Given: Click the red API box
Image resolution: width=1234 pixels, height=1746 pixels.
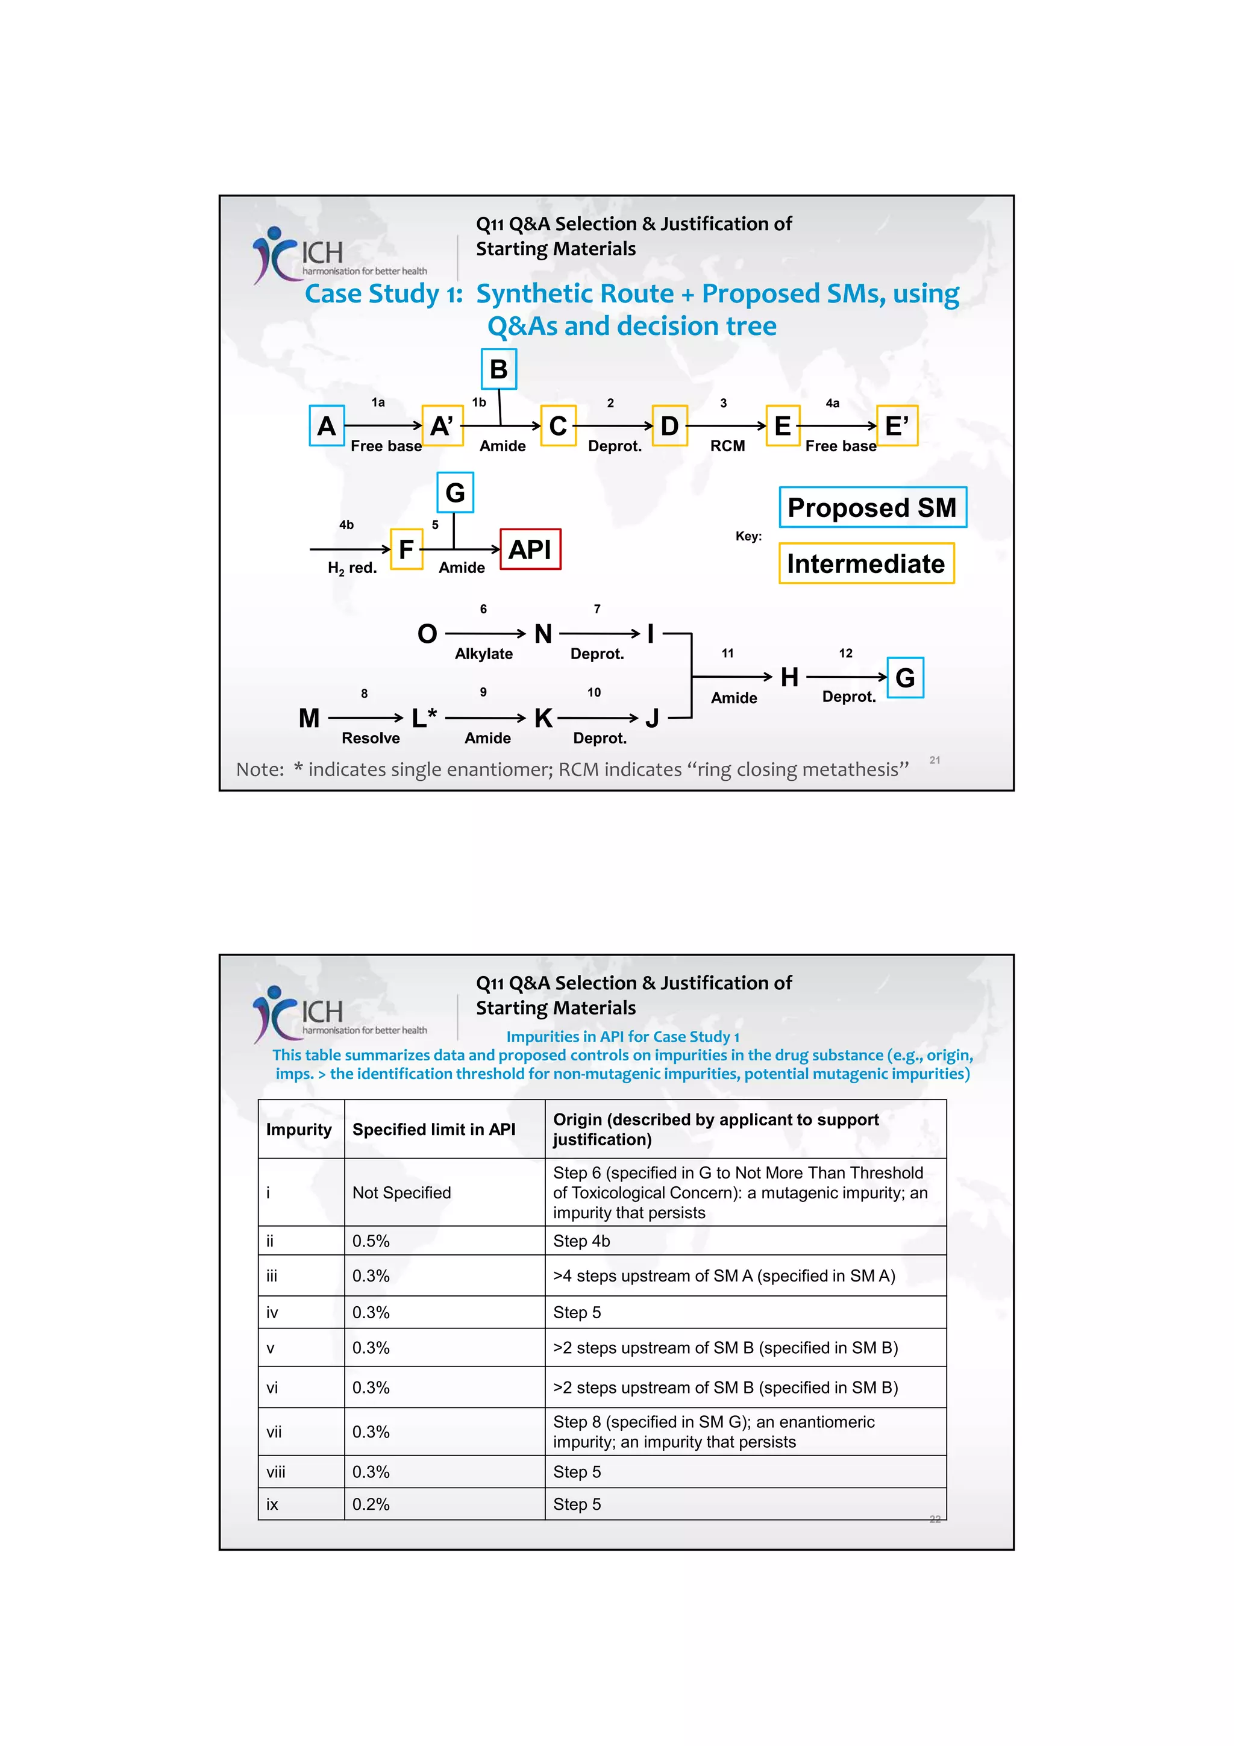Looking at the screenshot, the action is coord(530,549).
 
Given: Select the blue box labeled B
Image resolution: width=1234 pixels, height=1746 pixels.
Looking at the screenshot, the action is coord(499,369).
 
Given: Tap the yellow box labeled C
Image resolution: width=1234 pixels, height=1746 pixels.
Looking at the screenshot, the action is coord(557,426).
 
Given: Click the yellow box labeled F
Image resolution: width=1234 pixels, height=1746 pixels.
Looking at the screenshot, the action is coord(406,549).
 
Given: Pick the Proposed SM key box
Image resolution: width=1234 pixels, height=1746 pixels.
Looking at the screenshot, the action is coord(872,507).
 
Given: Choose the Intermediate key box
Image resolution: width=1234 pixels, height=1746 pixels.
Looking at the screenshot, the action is coord(866,563).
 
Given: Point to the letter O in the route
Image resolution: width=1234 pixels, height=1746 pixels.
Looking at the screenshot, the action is coord(427,633).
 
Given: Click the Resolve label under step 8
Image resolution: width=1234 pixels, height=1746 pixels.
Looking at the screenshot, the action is coord(371,739).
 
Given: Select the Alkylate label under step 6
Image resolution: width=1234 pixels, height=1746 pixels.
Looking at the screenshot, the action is coord(484,654).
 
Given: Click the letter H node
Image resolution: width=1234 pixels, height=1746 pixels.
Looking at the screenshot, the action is coord(789,677).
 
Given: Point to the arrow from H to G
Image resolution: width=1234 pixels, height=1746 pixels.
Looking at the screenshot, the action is coord(846,677).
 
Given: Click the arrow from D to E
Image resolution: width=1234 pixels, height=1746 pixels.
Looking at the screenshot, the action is coord(726,426).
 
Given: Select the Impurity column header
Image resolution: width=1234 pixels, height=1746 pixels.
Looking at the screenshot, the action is coord(299,1129).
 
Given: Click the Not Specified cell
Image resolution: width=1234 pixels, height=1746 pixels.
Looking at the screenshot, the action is coord(401,1192).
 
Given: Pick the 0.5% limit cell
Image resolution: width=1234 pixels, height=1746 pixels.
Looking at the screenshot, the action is coord(371,1241).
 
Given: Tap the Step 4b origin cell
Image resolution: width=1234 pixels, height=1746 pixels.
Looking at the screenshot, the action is coord(581,1241).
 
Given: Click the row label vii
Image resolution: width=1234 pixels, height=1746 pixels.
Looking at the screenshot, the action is coord(274,1432).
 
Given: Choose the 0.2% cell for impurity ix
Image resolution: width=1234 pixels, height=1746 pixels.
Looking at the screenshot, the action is coord(371,1504).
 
